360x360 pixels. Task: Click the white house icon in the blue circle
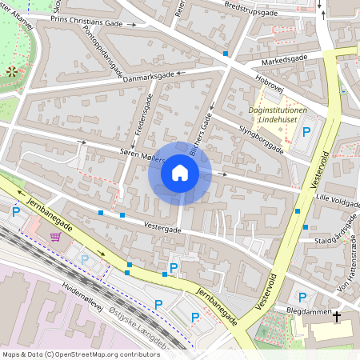180,172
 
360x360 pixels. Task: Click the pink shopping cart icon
55,236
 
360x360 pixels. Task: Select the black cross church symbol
336,317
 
